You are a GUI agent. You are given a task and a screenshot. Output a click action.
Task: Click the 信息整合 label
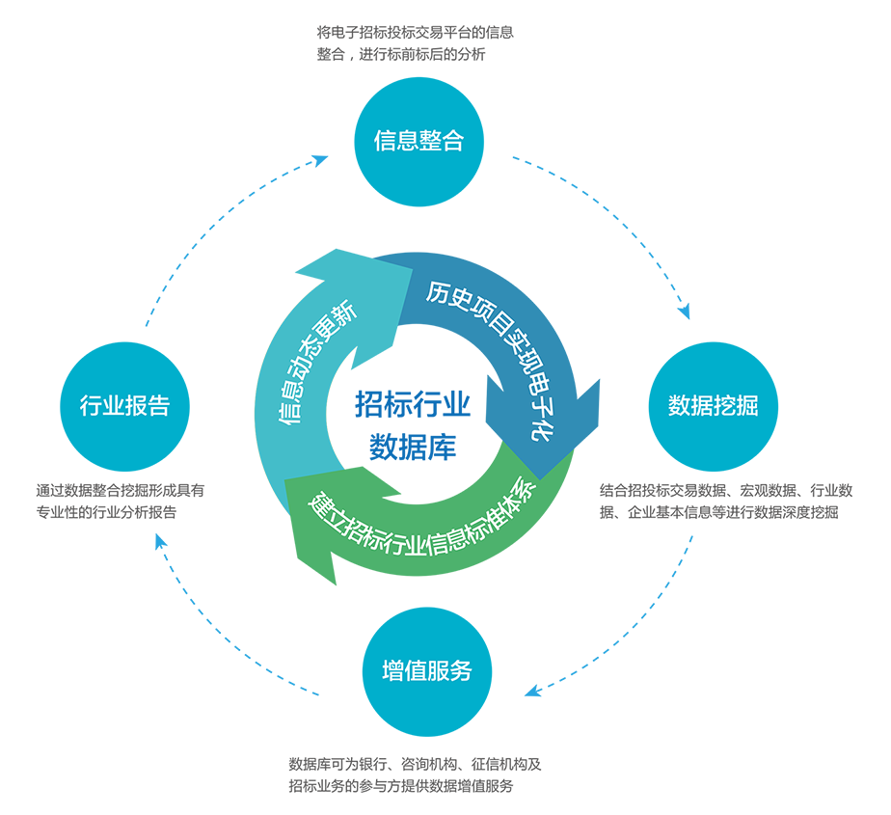[418, 141]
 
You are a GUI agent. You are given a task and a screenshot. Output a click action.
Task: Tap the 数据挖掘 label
[713, 406]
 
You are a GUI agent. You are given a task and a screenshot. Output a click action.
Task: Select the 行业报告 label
[124, 406]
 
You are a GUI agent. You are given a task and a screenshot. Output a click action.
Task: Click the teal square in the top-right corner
[816, 97]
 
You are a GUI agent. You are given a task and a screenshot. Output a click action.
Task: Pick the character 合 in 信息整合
[452, 141]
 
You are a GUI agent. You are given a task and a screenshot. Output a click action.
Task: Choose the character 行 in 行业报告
[91, 406]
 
